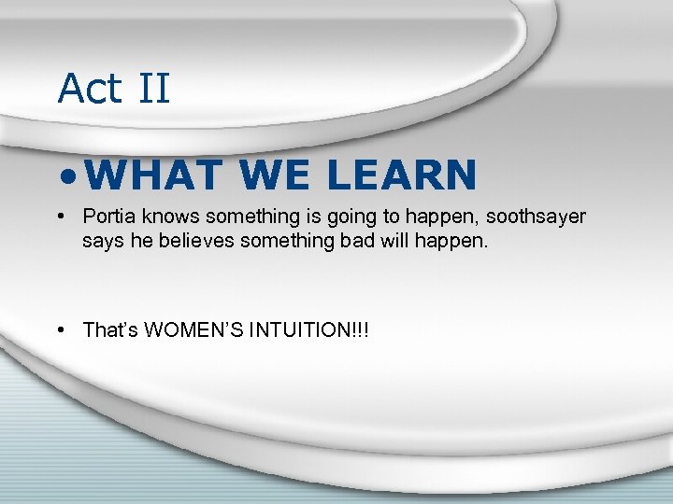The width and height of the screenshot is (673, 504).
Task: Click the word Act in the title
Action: point(90,89)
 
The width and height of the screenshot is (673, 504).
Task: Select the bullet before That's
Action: point(60,330)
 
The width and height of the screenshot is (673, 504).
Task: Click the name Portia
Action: point(107,217)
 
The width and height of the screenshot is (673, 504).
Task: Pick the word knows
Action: point(167,217)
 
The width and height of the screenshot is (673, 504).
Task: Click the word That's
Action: point(110,330)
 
